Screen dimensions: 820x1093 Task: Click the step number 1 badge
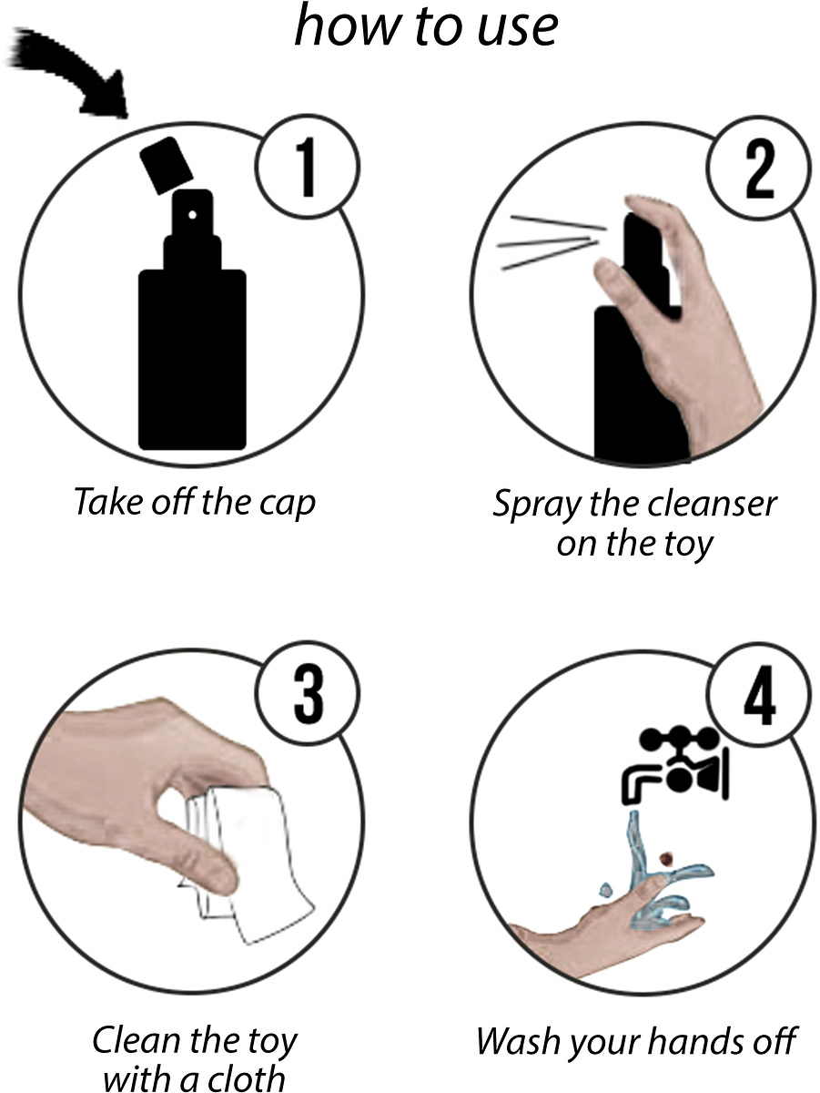point(308,167)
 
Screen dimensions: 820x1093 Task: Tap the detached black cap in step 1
point(167,166)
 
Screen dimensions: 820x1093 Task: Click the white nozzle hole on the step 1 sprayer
point(193,215)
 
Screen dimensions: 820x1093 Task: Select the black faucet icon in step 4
point(675,766)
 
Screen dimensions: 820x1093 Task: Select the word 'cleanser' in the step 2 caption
point(712,504)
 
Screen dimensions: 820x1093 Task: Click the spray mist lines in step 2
point(552,242)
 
